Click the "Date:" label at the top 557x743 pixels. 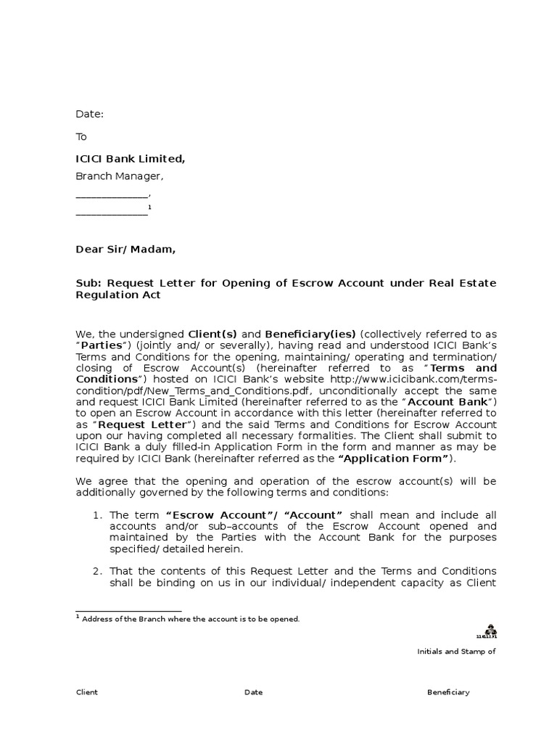pos(90,114)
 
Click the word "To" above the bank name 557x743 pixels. pos(81,136)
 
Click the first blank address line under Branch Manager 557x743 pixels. pos(112,195)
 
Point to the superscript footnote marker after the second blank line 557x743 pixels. pos(149,208)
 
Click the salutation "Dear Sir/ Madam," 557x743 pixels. pos(125,250)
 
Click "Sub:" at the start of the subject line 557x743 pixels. pos(87,282)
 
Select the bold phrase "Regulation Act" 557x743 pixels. pos(118,295)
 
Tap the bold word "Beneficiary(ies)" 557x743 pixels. pos(310,334)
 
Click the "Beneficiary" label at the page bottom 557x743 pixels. pos(448,692)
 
